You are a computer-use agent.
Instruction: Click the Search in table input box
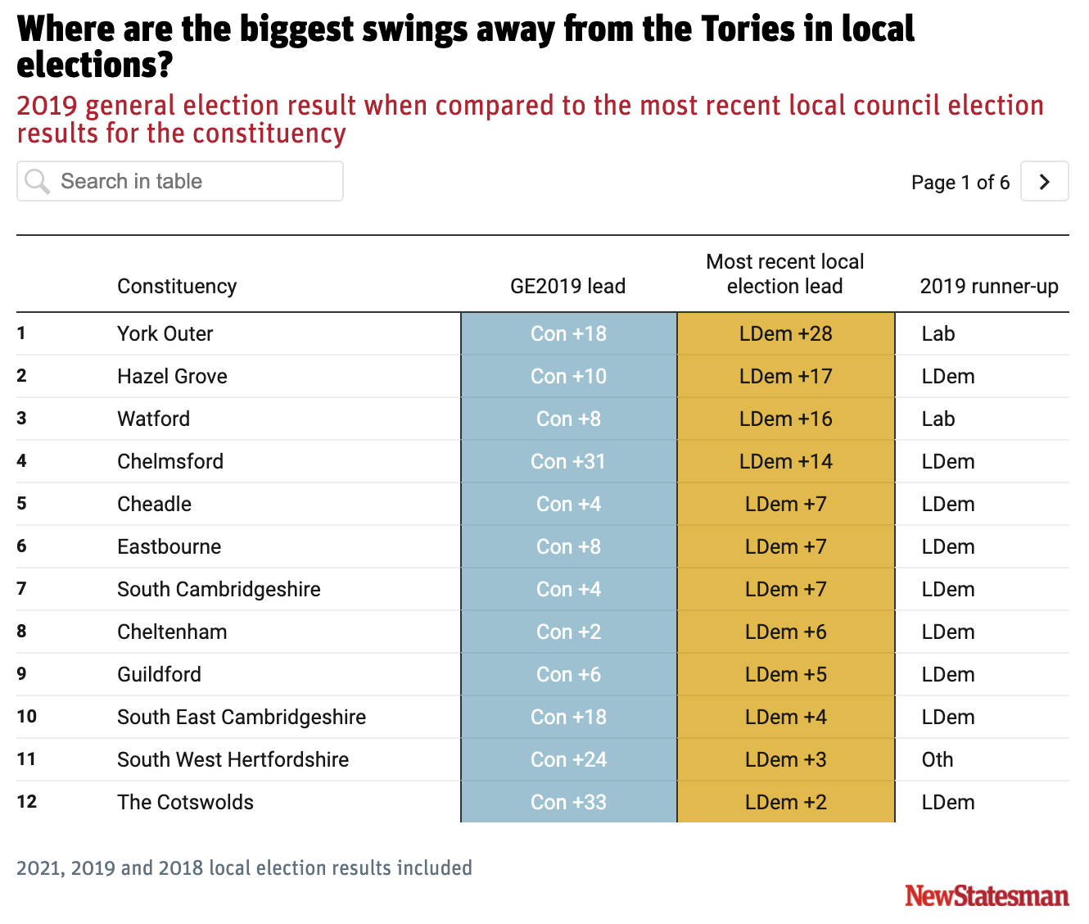tap(180, 181)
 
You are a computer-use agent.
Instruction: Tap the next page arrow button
tap(1044, 181)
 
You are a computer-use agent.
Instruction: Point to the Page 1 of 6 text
tap(960, 182)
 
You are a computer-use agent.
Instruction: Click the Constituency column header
tap(177, 286)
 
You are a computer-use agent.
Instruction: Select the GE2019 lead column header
tap(567, 286)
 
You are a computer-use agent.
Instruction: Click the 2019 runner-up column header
tap(988, 286)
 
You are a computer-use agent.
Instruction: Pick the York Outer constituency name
tap(165, 333)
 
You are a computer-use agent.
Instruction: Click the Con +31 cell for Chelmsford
tap(568, 461)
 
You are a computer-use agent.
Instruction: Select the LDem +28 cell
tap(785, 333)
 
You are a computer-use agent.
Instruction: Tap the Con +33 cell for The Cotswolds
tap(568, 802)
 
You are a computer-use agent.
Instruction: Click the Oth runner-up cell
tap(938, 759)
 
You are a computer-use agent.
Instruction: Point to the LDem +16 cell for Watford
tap(785, 419)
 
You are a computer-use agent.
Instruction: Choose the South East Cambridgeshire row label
tap(242, 717)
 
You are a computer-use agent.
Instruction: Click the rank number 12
tap(27, 801)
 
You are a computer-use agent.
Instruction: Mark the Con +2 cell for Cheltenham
tap(568, 632)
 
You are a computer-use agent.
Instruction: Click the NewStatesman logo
tap(987, 895)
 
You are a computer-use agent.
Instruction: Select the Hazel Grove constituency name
tap(172, 376)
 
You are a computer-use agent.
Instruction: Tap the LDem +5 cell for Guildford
tap(785, 674)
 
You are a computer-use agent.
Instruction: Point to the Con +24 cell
tap(568, 759)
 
